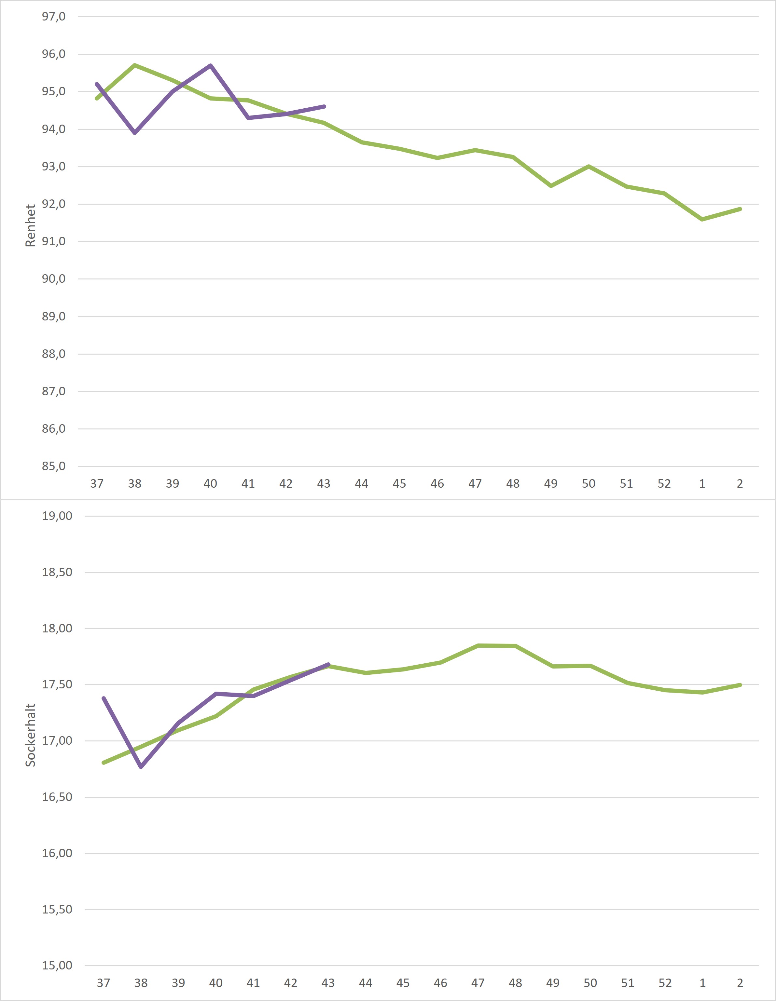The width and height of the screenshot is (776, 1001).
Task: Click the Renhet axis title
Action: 30,225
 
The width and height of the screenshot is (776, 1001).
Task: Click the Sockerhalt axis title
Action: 30,735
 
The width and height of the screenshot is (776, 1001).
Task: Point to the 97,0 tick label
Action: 54,17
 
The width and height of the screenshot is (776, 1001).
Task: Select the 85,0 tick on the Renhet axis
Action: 54,467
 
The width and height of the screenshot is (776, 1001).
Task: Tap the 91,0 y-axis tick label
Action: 54,241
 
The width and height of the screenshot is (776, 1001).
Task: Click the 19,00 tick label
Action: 57,516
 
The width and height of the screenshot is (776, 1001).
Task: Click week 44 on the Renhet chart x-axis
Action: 361,483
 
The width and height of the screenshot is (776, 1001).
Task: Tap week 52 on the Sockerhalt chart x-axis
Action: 665,983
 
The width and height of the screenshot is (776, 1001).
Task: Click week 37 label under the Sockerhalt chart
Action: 104,983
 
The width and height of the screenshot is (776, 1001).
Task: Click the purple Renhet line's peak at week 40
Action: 211,65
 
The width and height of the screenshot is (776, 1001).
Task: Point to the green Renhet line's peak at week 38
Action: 135,65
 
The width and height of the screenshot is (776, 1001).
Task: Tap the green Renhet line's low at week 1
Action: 702,220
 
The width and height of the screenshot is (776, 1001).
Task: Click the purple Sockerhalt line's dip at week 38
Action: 141,767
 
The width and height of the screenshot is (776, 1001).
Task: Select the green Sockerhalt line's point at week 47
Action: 478,646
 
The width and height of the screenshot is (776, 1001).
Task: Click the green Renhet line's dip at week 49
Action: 551,186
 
